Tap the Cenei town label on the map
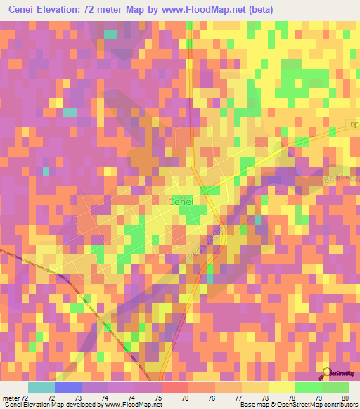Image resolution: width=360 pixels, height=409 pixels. (x=181, y=202)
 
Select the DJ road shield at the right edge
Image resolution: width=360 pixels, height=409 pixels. (x=354, y=126)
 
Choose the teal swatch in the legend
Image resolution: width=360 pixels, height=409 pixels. (x=41, y=387)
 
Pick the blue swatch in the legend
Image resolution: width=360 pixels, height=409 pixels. (x=68, y=387)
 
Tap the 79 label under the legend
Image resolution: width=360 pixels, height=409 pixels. (x=319, y=398)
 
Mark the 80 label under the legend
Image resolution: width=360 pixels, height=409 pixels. (x=345, y=398)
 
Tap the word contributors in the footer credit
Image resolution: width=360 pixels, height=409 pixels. (x=337, y=405)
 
